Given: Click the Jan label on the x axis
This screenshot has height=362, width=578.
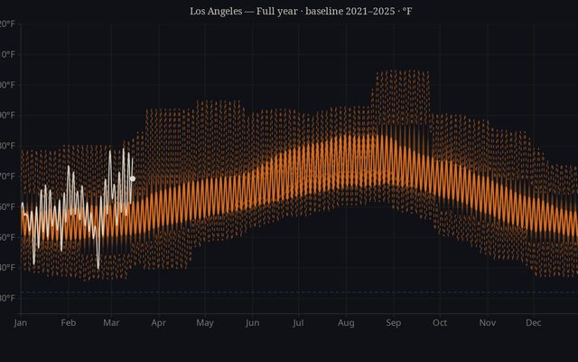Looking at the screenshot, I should (x=21, y=322).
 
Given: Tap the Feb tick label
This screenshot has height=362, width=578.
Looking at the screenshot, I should (x=68, y=322).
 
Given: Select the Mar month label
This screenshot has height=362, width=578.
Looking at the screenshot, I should (x=111, y=322).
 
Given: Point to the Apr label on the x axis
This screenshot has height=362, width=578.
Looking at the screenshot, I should (x=158, y=322).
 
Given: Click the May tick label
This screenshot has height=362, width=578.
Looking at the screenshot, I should (x=204, y=322).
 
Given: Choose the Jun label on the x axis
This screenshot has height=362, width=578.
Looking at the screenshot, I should (x=252, y=322).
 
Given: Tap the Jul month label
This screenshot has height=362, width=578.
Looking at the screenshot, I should (x=298, y=322).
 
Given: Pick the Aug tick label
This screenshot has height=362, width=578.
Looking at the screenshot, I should (x=346, y=322).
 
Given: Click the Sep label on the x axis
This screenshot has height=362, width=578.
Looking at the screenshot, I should (x=393, y=322).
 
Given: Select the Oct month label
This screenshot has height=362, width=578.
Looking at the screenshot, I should (x=440, y=322).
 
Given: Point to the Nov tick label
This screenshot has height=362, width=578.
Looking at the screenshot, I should (x=487, y=322).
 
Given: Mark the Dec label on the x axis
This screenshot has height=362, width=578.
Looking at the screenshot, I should (x=533, y=322).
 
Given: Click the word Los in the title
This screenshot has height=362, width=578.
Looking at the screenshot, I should (x=199, y=11).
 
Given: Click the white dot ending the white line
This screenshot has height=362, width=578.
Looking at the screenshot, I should (x=133, y=178).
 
